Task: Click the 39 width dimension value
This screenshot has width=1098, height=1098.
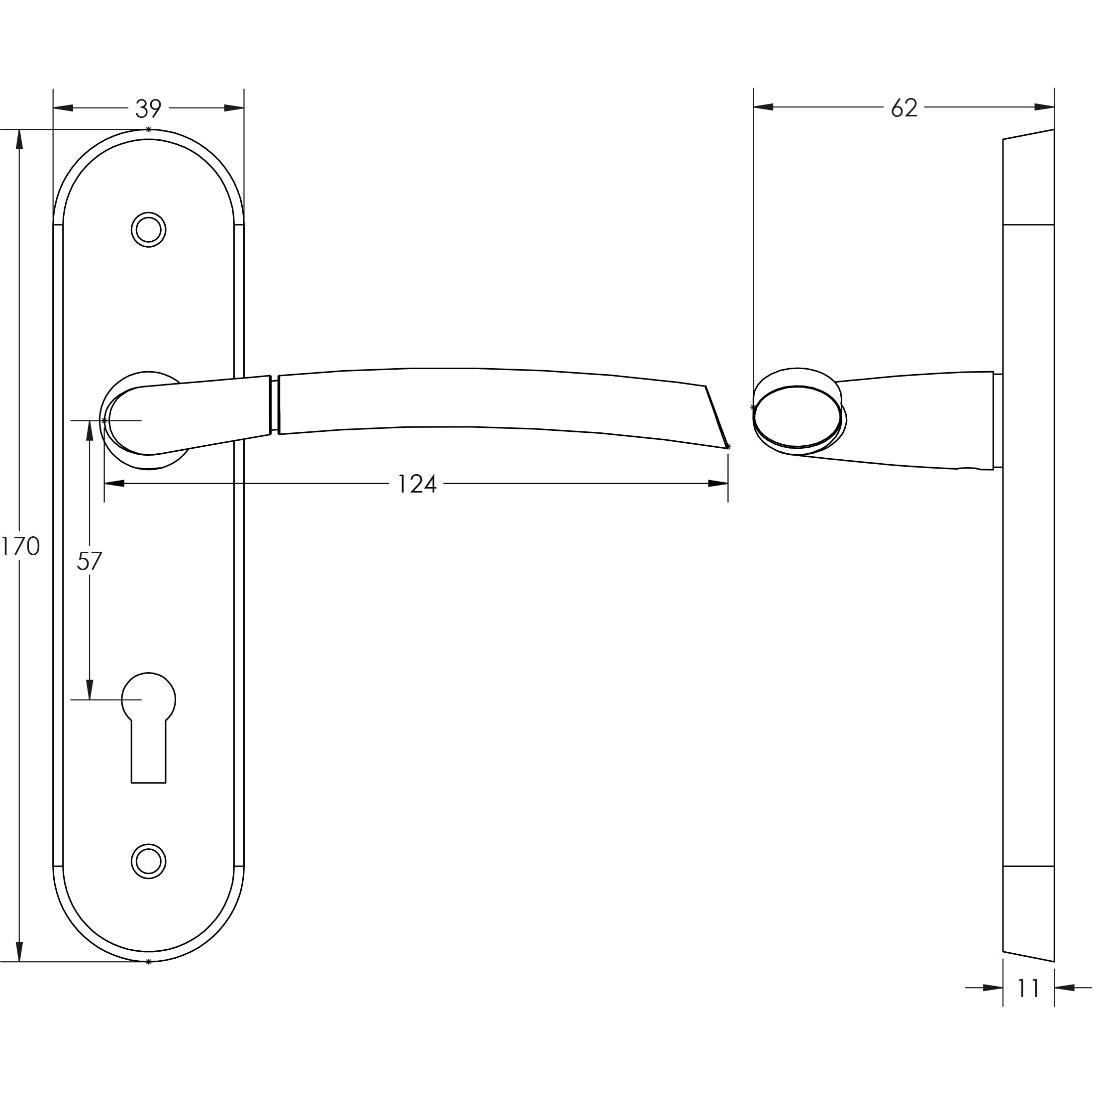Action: click(148, 108)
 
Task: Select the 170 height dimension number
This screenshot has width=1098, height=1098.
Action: click(20, 547)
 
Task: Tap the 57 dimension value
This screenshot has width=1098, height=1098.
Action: click(89, 562)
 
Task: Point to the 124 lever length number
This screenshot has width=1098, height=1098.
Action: click(416, 484)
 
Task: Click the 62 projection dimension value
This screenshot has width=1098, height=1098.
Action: click(904, 107)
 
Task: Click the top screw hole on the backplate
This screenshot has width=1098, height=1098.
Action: click(148, 230)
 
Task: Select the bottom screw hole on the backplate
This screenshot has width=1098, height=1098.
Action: click(148, 861)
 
